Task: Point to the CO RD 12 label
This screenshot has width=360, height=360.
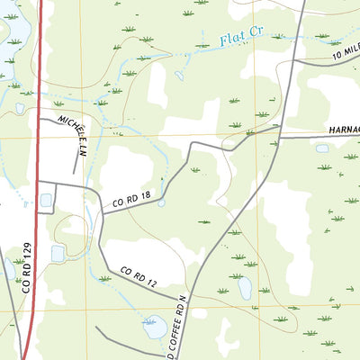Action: coord(138,276)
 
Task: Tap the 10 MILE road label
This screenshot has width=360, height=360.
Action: coord(346,54)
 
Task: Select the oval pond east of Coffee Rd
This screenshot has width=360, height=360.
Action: coord(244,287)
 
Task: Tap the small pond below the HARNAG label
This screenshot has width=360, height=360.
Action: coord(322,148)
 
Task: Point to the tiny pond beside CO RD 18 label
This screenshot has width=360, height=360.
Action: coord(161,202)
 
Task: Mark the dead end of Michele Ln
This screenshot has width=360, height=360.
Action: coord(74,172)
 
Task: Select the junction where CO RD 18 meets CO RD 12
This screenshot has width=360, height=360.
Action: coord(100,213)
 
